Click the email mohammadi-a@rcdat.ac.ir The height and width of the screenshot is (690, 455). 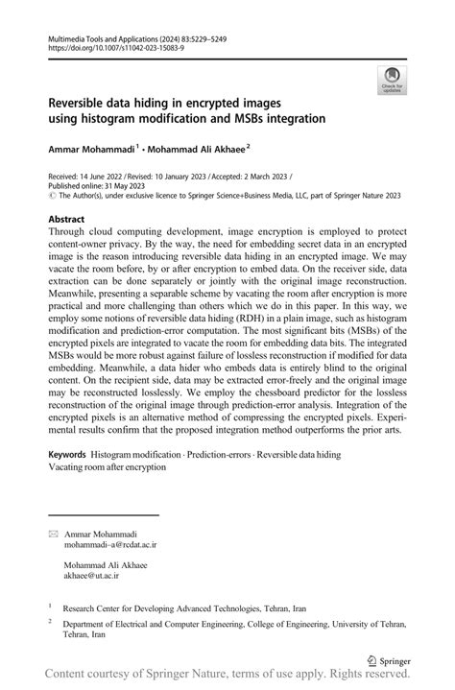(109, 544)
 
